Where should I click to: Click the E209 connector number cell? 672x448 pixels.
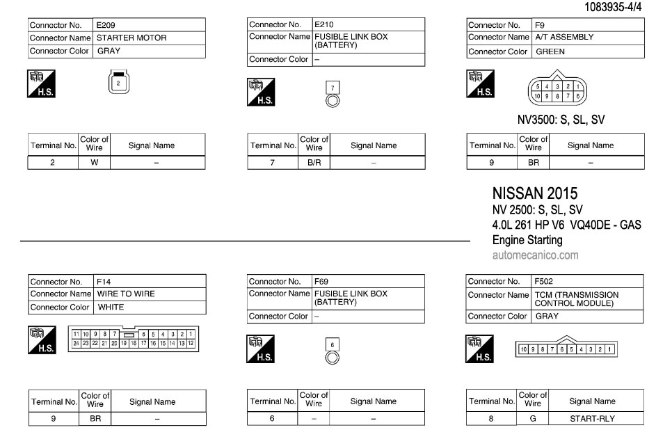point(106,25)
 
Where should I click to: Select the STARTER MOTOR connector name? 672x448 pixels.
point(131,38)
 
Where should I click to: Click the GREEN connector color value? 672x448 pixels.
point(550,51)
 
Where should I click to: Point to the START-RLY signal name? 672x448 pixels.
point(592,419)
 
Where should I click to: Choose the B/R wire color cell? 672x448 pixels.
point(314,163)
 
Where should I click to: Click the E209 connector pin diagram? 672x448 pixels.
point(118,82)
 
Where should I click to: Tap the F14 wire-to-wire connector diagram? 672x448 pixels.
point(133,338)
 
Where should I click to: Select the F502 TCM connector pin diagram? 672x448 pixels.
point(566,349)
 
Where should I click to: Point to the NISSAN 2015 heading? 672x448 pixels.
point(534,193)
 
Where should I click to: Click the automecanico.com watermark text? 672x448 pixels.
point(535,255)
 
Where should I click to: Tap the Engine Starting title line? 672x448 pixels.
point(527,240)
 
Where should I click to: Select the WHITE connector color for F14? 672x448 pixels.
point(111,307)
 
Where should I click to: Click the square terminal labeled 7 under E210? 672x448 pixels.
point(333,87)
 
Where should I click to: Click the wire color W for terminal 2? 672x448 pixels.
point(95,163)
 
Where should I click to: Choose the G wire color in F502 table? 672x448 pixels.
point(533,419)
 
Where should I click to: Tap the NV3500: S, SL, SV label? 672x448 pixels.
point(561,120)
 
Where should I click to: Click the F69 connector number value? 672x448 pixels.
point(321,282)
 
